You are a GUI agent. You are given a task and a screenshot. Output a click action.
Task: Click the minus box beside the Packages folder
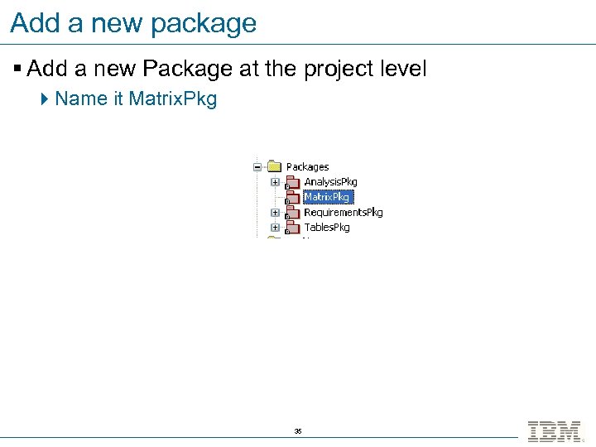(258, 166)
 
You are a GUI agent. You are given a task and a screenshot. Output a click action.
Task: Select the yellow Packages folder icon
(274, 166)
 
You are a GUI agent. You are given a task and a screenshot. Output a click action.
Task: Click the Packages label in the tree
(307, 167)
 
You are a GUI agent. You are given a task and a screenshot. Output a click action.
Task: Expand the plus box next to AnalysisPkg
(274, 182)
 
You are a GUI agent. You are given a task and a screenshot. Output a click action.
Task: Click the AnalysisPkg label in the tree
(330, 182)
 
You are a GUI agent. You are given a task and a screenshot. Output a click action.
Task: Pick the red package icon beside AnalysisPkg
(291, 182)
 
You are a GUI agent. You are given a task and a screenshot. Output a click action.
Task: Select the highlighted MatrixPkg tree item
(328, 197)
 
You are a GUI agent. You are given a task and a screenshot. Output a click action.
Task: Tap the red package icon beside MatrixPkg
(291, 197)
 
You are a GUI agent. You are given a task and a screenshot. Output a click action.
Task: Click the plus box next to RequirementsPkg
(274, 212)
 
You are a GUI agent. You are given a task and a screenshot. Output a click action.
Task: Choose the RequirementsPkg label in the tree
(343, 212)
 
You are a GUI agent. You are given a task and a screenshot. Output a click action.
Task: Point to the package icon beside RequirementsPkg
(291, 212)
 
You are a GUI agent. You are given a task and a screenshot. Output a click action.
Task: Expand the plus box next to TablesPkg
(274, 227)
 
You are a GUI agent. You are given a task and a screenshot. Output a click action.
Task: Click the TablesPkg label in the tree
(326, 227)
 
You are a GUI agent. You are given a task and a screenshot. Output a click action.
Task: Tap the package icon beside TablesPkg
(291, 227)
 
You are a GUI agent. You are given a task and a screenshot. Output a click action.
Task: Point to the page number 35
(298, 432)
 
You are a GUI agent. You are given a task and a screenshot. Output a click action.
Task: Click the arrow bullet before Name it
(45, 99)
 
